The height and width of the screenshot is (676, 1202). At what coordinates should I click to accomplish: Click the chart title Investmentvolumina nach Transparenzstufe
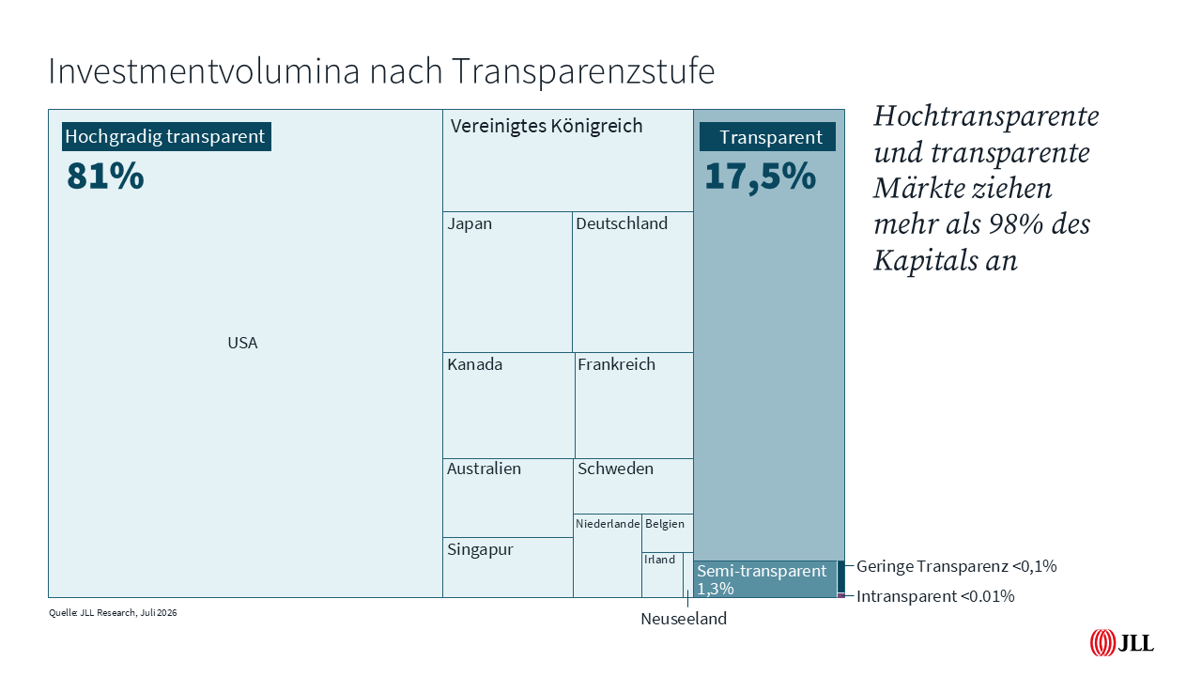381,71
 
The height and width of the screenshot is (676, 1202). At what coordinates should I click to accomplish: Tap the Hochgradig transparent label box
166,136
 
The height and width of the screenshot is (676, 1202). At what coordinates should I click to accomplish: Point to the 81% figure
105,176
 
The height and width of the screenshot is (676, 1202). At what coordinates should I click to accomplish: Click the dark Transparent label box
767,137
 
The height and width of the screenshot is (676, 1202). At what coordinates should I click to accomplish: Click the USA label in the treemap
242,343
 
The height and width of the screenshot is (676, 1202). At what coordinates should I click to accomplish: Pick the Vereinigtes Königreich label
547,126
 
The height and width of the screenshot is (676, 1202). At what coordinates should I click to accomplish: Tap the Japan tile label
470,223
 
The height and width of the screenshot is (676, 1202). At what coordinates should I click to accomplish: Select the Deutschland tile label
622,223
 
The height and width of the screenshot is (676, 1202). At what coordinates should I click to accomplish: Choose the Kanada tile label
475,364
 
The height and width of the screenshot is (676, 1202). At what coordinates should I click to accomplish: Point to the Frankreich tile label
617,364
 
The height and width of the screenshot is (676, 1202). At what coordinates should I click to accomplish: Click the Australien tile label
484,469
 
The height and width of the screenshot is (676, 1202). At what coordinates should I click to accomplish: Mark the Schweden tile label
615,469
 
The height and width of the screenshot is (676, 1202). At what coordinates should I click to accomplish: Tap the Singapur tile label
480,549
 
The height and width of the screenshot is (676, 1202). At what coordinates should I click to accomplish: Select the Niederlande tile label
608,524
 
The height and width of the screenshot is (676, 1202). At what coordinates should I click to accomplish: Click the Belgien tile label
665,524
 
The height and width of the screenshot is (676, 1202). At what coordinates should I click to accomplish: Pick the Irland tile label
659,560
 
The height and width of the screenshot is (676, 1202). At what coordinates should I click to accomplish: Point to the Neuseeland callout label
684,619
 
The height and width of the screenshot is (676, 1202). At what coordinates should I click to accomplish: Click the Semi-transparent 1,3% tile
765,579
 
